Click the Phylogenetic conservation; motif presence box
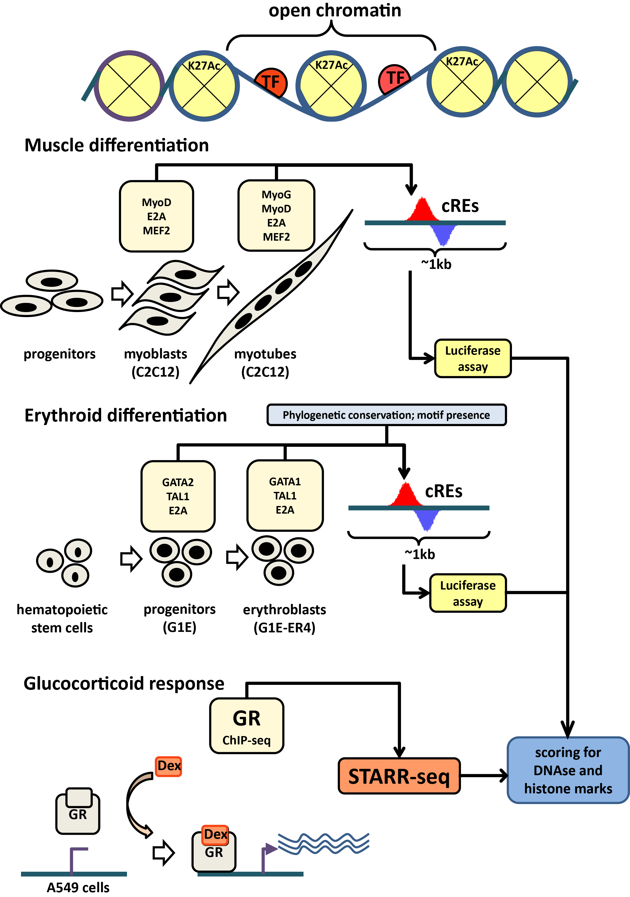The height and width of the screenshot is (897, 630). click(386, 415)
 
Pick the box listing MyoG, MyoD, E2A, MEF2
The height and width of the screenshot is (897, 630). click(276, 216)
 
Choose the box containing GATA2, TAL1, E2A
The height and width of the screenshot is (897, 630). click(178, 496)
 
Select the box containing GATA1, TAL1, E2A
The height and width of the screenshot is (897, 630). click(285, 495)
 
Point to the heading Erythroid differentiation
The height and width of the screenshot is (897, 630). click(126, 415)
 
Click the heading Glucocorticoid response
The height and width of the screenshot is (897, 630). click(124, 683)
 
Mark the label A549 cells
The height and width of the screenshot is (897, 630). click(78, 887)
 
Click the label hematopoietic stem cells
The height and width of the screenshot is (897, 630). click(62, 619)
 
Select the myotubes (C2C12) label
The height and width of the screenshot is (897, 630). click(265, 362)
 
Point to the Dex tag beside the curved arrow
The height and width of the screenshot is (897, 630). click(169, 766)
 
